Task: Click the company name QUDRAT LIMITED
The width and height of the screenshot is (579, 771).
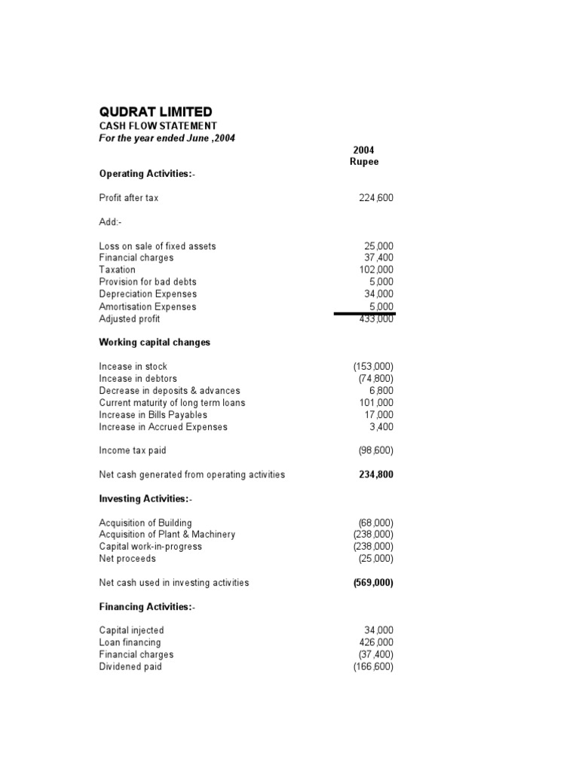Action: (x=155, y=111)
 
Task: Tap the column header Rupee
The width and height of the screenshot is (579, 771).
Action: (x=364, y=162)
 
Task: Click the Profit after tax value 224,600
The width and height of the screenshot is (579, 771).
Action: (x=375, y=198)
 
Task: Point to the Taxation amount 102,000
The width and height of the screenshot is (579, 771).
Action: (x=376, y=270)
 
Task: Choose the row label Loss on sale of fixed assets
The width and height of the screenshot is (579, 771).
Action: (x=157, y=246)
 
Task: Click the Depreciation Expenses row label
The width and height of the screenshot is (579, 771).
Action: (x=147, y=294)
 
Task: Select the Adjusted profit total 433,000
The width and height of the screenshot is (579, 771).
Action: (x=375, y=318)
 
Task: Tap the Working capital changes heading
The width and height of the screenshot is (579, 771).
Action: (x=155, y=343)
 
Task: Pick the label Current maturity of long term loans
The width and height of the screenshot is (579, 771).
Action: (x=172, y=403)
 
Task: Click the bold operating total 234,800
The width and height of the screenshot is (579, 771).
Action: (x=375, y=475)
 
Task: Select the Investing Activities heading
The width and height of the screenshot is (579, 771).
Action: (x=147, y=499)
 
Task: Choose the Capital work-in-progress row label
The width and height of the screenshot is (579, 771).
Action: (x=150, y=547)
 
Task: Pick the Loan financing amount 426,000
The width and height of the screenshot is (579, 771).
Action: (x=376, y=643)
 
